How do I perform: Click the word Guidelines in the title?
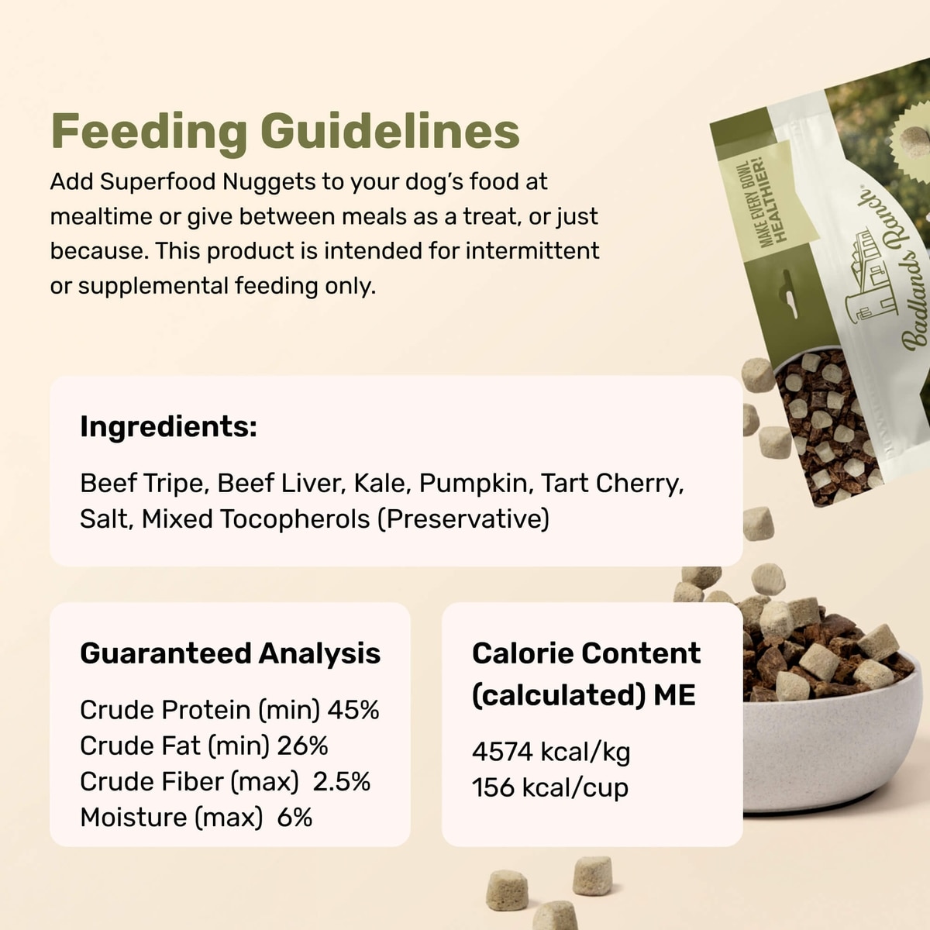[x=390, y=130]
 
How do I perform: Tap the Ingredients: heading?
[x=168, y=427]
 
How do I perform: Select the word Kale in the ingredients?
[x=382, y=483]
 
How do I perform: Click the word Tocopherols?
[x=294, y=519]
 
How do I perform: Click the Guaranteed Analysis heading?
[x=230, y=654]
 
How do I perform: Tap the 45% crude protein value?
[x=353, y=710]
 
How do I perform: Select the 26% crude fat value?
[x=302, y=746]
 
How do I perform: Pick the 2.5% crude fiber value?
[x=341, y=781]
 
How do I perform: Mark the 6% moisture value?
[x=294, y=817]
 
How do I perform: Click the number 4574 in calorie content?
[x=502, y=752]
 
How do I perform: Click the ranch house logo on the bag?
[x=870, y=276]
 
